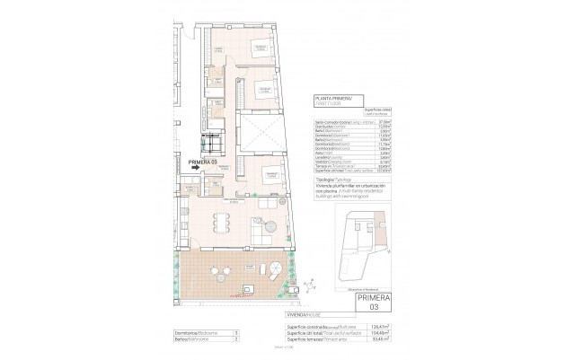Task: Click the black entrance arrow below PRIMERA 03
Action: pos(197,167)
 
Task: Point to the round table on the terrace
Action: pos(220,271)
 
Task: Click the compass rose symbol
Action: pos(308,285)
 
